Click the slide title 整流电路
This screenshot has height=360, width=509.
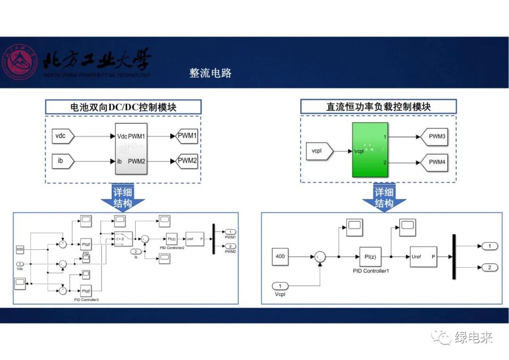(210, 73)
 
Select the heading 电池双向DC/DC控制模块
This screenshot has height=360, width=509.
(123, 107)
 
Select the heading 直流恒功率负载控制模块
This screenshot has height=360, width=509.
(378, 107)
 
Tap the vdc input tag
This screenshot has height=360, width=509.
(62, 137)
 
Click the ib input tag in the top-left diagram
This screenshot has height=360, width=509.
(62, 161)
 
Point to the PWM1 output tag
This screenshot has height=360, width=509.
(187, 136)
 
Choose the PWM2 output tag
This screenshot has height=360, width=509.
(187, 161)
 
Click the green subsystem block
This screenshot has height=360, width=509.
(370, 150)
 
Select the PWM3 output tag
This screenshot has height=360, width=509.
(436, 137)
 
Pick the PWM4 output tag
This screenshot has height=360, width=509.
(436, 162)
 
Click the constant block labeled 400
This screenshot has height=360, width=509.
(281, 257)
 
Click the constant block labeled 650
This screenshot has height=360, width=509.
(20, 249)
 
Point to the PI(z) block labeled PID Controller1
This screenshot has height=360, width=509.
(370, 257)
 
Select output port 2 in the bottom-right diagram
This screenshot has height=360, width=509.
(489, 268)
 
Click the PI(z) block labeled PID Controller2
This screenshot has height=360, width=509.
(171, 239)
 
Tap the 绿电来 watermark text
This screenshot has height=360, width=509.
(473, 338)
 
